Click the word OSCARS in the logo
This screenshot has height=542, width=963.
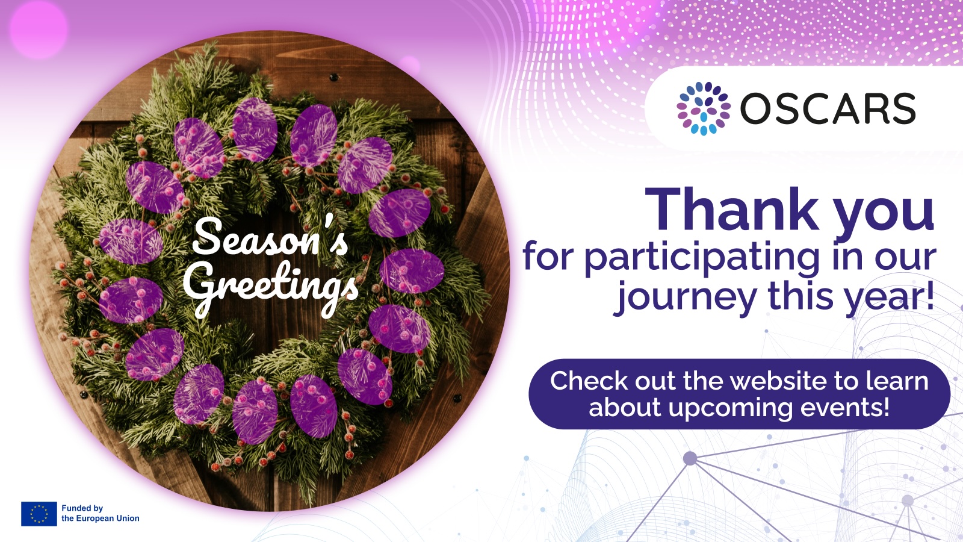coord(828,108)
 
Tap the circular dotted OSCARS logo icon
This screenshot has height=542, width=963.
coord(704,108)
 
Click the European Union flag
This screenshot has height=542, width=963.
coord(39,514)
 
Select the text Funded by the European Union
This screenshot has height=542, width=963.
coord(100,513)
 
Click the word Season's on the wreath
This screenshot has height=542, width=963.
coord(270,237)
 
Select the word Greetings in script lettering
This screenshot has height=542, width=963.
coord(271,287)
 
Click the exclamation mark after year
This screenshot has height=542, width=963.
coord(930,294)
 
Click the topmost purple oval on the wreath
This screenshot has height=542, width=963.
coord(255,129)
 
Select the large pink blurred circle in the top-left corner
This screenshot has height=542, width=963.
coord(38,28)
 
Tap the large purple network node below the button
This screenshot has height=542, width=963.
coord(690,458)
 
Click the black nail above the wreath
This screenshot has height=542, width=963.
coord(333,78)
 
